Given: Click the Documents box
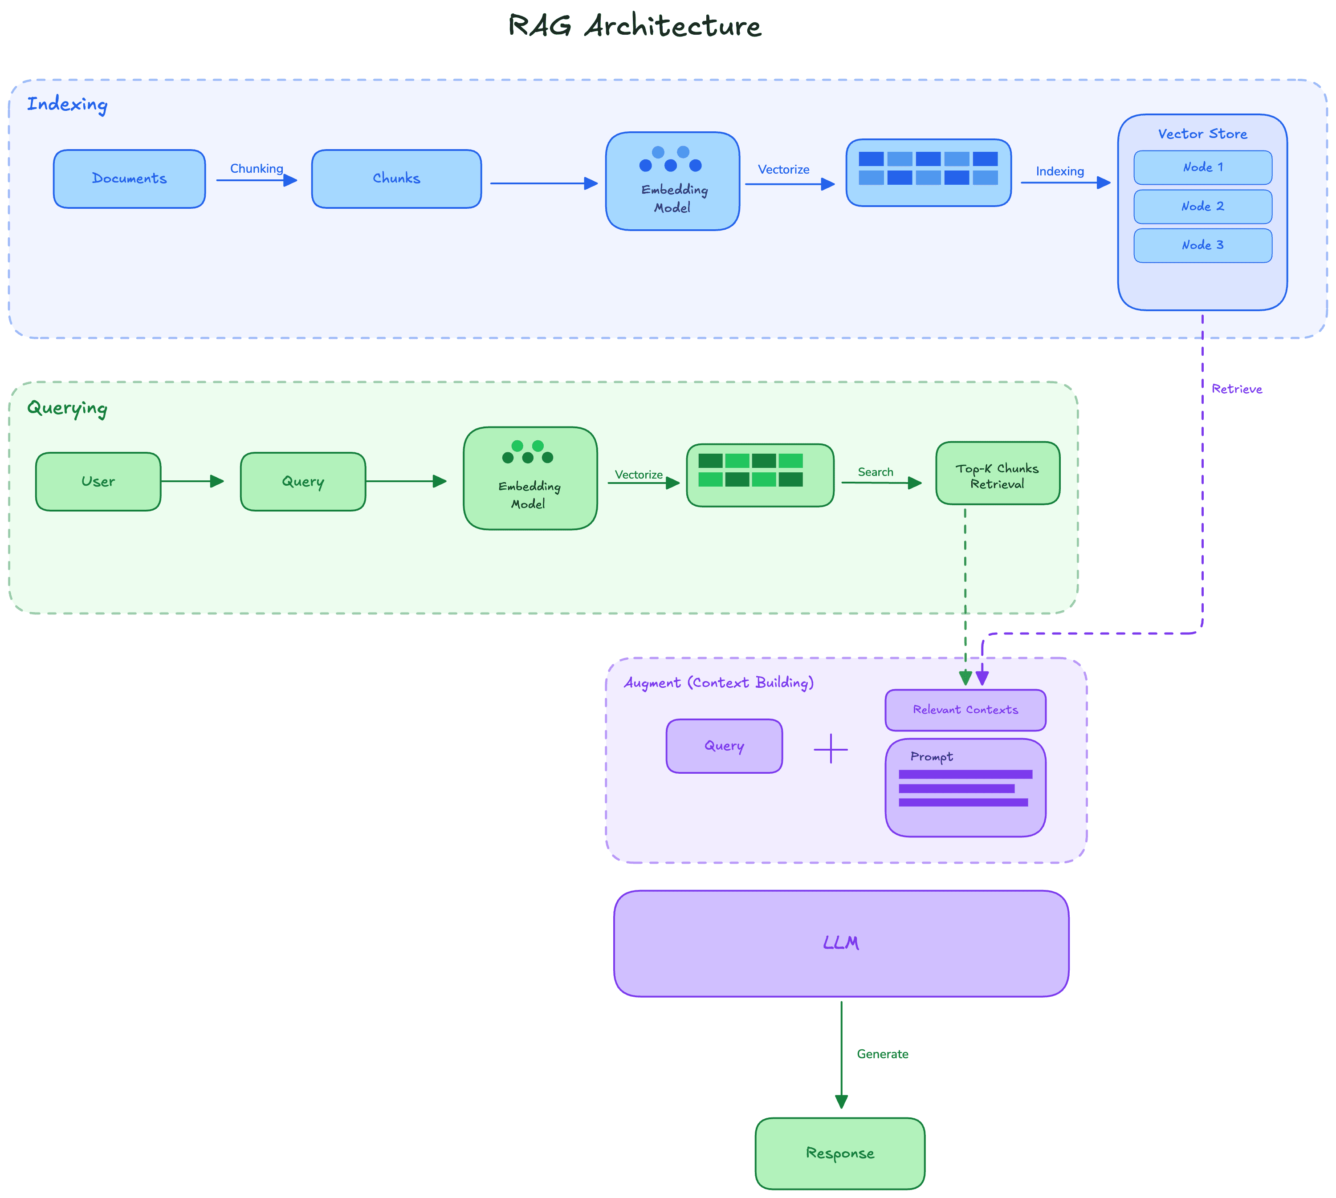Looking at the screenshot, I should coord(129,179).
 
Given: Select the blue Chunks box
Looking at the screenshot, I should coord(396,179).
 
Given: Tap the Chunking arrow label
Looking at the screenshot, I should coord(256,169).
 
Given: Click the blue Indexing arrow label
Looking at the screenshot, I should coord(1059,171).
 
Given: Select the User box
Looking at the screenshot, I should coord(98,481).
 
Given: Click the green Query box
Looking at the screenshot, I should coord(303,481).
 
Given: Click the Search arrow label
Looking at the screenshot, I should coord(875,472).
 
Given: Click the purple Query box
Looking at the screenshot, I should coord(724,746).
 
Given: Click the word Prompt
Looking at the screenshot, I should coord(931,756).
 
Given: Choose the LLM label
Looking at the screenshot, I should coord(841,942).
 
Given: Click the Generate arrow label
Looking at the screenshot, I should coord(882,1054).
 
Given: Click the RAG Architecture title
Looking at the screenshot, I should coord(634,26).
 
